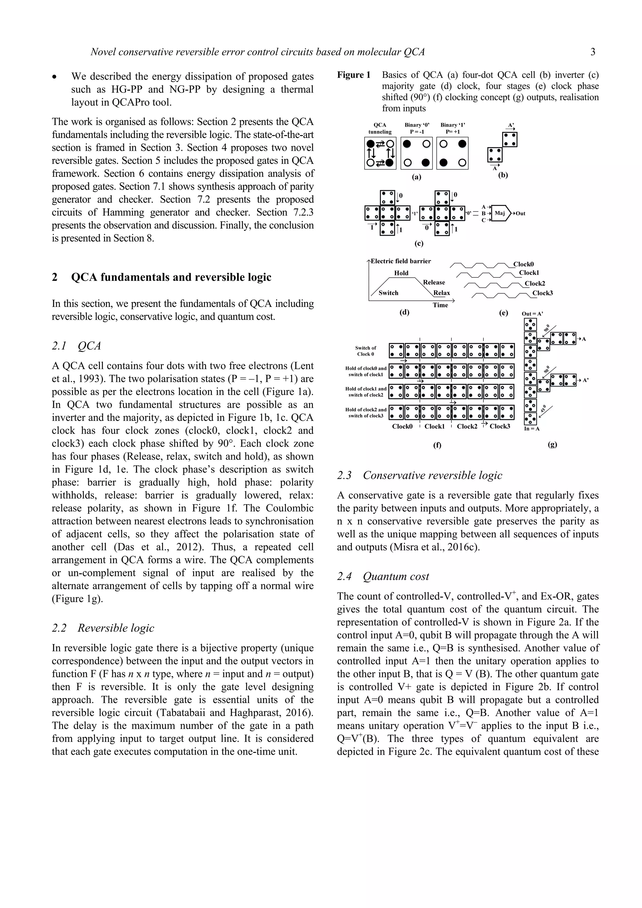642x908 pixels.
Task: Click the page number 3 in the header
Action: pos(592,52)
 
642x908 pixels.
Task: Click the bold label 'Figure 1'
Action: pos(354,75)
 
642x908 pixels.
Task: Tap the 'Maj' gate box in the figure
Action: pos(500,213)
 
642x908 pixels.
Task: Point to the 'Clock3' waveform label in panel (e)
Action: pos(542,293)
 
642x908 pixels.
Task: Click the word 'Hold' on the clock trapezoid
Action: pos(401,273)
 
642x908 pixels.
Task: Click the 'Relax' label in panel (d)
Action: pos(441,293)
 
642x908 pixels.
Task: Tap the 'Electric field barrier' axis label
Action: pos(400,261)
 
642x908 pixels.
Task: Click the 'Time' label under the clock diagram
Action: pos(440,305)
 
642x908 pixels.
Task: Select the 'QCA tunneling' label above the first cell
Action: pos(380,128)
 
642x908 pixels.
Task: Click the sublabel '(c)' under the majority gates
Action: pos(419,244)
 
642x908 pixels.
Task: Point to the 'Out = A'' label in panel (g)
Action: pos(532,314)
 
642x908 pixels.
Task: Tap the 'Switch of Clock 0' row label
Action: pos(366,351)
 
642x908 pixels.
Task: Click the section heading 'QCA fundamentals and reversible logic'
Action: pos(171,277)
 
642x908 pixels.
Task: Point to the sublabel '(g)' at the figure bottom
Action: pos(553,444)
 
